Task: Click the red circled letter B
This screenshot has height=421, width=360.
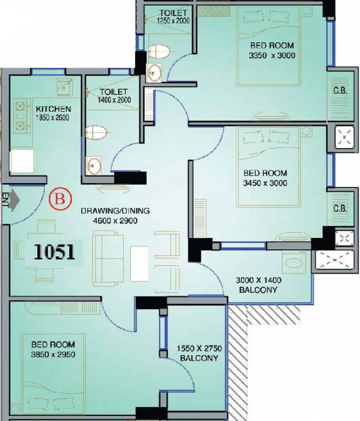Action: [60, 199]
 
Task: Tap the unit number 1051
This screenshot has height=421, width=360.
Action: [54, 252]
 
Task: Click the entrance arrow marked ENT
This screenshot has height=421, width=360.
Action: [14, 200]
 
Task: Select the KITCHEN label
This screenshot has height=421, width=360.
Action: [53, 109]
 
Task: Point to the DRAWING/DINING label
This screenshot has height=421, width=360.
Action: [115, 210]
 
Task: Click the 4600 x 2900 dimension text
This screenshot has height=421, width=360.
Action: [115, 221]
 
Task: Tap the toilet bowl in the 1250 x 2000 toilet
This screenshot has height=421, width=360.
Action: [159, 52]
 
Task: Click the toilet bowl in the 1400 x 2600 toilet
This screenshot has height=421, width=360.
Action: [96, 132]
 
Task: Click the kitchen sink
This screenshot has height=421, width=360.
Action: [65, 87]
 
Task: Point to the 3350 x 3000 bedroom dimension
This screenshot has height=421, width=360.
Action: [272, 55]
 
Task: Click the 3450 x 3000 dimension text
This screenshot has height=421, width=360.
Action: [265, 183]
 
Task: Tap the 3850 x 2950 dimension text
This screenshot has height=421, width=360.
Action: [53, 355]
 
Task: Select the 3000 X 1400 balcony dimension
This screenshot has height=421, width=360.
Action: [258, 280]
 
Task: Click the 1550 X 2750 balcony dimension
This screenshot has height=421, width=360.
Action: [199, 349]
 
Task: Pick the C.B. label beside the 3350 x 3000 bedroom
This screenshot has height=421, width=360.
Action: [340, 90]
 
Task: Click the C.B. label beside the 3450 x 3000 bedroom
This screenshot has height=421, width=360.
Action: [340, 208]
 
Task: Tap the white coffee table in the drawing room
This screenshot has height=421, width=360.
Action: [139, 263]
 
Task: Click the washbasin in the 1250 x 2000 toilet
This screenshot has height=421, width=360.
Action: [154, 73]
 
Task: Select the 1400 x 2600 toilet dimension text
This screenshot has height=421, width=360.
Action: [114, 100]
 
